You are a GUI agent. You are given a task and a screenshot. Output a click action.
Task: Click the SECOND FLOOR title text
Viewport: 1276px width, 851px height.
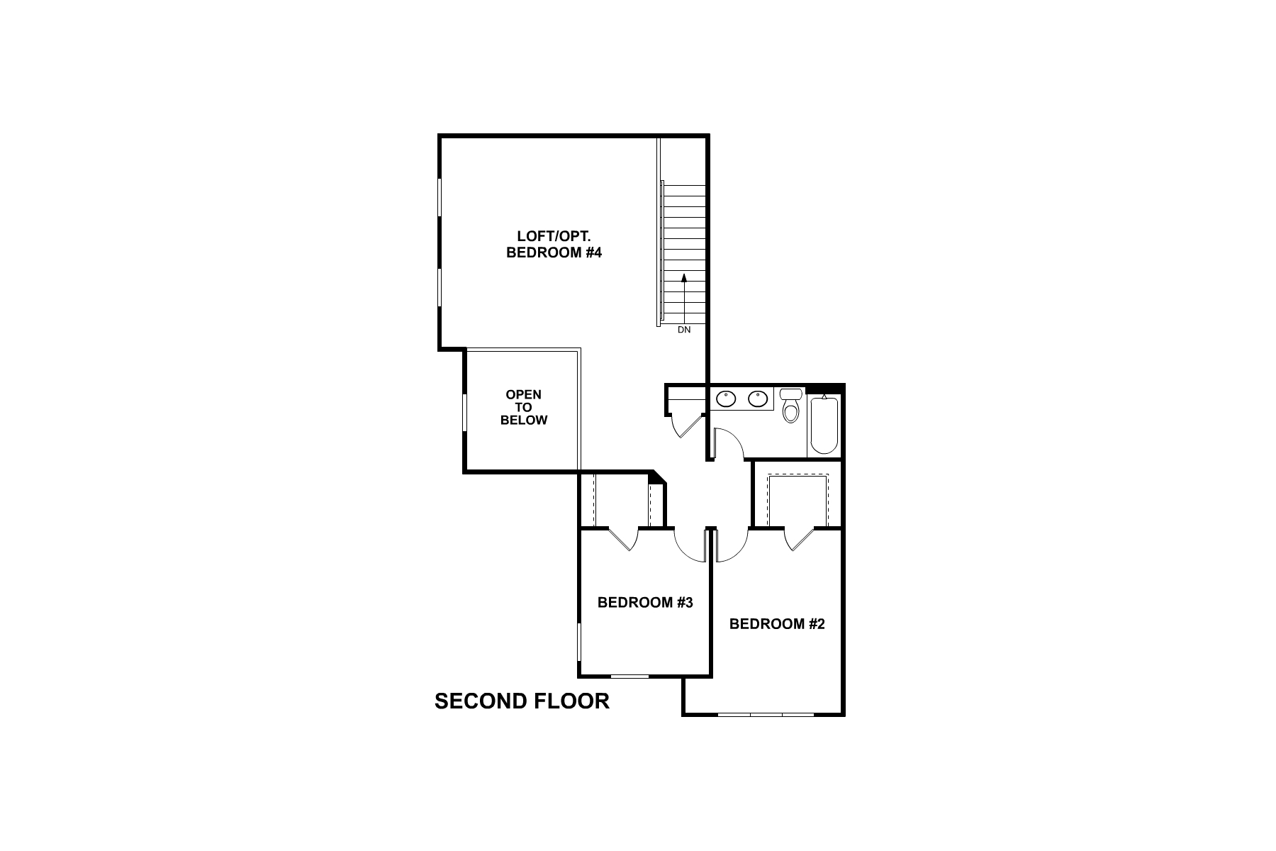(522, 701)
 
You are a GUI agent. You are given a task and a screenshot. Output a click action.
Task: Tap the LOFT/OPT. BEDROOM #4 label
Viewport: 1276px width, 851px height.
(554, 244)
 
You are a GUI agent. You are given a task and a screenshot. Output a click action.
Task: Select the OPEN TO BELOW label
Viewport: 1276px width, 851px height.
(524, 407)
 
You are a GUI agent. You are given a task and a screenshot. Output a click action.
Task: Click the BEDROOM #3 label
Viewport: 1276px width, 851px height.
(644, 603)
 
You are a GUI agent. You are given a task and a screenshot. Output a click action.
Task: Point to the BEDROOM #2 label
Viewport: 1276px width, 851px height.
(777, 624)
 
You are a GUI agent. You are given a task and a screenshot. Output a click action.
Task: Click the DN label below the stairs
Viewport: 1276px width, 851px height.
(683, 330)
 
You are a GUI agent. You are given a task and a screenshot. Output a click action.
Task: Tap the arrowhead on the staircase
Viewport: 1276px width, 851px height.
(684, 278)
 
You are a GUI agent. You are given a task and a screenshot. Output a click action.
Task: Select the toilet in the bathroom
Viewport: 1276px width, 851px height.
(790, 406)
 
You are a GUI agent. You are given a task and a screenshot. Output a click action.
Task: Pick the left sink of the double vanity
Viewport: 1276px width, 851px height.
(726, 399)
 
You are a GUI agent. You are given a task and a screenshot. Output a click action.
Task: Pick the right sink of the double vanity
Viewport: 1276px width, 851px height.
(758, 399)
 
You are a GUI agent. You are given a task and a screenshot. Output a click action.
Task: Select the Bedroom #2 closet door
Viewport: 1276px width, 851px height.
(799, 539)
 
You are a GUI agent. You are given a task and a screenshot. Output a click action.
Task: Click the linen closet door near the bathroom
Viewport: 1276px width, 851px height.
(684, 425)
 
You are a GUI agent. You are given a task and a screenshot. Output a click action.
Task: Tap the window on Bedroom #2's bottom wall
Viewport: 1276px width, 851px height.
(766, 714)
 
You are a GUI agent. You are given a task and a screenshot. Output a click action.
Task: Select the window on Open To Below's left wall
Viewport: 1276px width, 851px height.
(465, 412)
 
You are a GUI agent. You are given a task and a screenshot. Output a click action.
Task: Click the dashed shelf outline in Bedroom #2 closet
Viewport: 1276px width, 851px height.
(797, 475)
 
